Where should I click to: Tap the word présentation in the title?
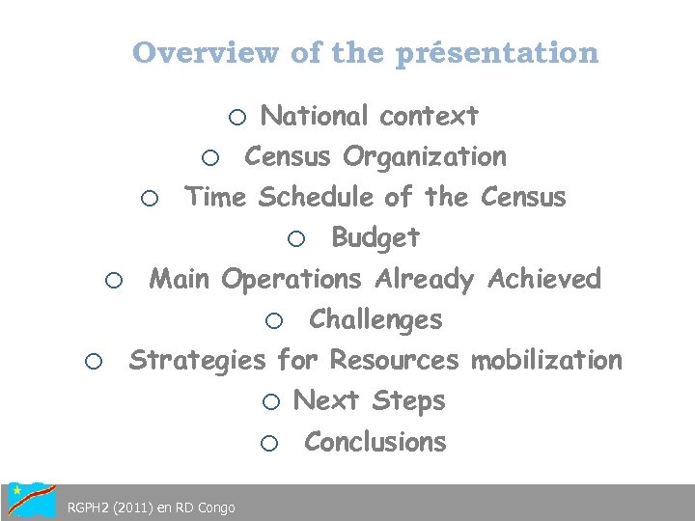pos(497,53)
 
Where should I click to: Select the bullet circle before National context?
pos(237,118)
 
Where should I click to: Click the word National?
pos(315,117)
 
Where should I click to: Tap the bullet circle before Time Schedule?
pos(149,200)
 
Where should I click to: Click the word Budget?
pos(375,237)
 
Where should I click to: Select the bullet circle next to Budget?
pos(297,239)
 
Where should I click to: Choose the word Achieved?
pos(544,280)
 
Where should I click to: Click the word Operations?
pos(291,281)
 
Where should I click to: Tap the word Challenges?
pos(375,319)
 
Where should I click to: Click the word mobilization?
pos(546,361)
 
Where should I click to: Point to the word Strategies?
pos(197,362)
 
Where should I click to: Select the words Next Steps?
pos(369,400)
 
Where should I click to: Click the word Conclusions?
pos(375,442)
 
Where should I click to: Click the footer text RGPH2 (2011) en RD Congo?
pos(151,507)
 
